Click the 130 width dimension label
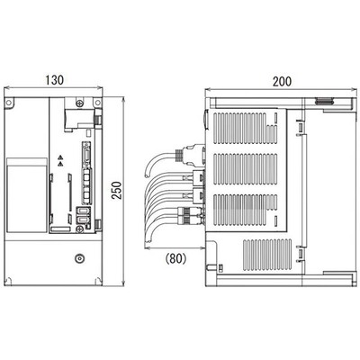tap(55, 80)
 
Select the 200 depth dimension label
tap(282, 81)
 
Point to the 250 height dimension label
tap(117, 191)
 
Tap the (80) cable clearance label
tap(175, 258)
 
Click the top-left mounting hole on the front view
tap(9, 103)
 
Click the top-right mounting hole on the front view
tap(97, 103)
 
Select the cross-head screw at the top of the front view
tap(79, 103)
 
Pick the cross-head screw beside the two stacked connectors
tap(79, 229)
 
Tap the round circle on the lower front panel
tap(79, 258)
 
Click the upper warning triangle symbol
tap(60, 157)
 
